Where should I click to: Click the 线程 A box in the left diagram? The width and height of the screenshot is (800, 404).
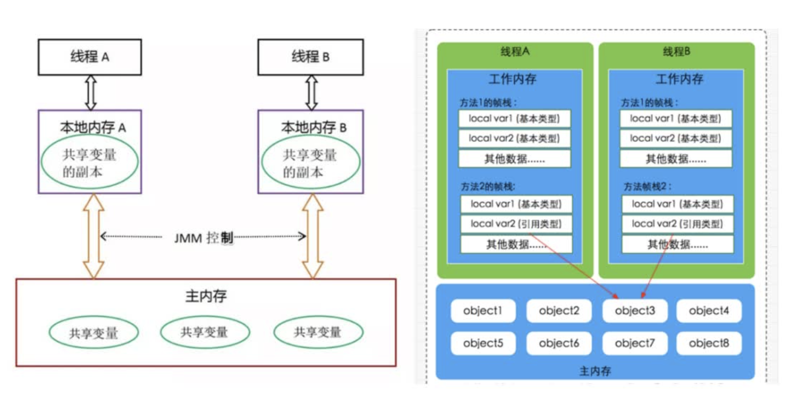coord(89,57)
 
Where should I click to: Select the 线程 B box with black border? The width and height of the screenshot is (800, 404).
coord(310,57)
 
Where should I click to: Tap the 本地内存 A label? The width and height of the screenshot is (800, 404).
coord(89,127)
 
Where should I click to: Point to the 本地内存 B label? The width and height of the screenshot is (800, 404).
coord(310,127)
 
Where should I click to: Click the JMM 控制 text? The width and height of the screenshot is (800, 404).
coord(203,237)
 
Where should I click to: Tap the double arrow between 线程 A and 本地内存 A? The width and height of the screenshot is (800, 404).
coord(90,92)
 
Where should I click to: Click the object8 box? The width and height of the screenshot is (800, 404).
coord(708,343)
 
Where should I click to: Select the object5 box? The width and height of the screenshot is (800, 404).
coord(483,343)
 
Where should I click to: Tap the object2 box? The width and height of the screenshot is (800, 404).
coord(559,312)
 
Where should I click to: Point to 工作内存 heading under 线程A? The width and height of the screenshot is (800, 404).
coord(514,80)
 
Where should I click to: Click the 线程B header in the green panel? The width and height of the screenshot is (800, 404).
coord(676,52)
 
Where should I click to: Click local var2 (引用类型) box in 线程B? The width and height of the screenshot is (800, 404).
coord(677,224)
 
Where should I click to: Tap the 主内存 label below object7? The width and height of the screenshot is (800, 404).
coord(595,371)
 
